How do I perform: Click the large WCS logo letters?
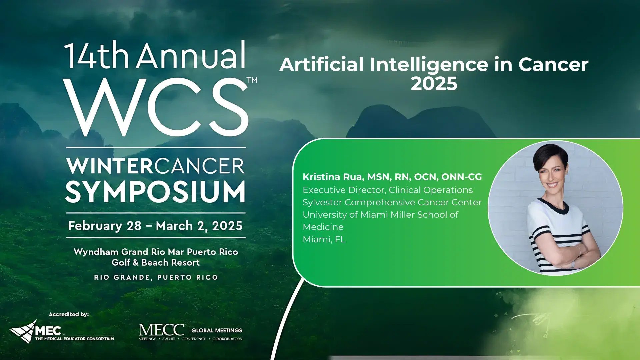point(156,107)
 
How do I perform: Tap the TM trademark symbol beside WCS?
point(252,80)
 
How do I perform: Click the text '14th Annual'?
point(155,55)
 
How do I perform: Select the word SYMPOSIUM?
point(155,192)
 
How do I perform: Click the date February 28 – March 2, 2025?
point(155,226)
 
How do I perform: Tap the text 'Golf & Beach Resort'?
point(156,263)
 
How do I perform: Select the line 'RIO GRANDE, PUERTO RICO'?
point(156,277)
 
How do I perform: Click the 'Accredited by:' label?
point(69,314)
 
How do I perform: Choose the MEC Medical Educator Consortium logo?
point(62,332)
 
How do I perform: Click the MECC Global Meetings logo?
point(190,332)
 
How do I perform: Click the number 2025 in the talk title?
point(434,83)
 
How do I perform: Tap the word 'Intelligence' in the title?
point(429,65)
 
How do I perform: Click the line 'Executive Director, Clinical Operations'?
point(388,190)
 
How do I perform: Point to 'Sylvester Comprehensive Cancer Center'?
point(392,202)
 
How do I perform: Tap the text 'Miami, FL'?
point(324,239)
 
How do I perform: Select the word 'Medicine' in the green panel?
point(323,227)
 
